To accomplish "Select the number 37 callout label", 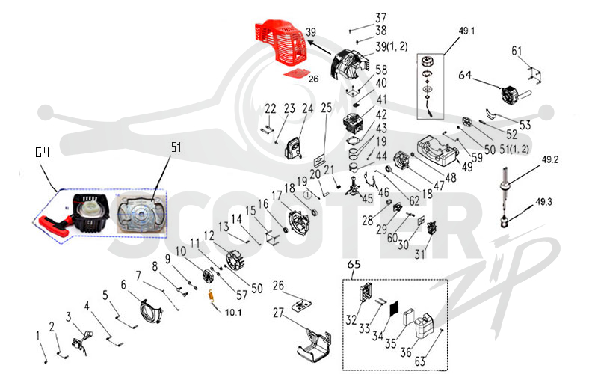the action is point(380,17).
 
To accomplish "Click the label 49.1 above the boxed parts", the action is point(466,31).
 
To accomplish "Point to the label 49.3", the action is point(544,201).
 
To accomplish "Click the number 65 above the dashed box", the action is point(354,264).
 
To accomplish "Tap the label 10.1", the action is point(233,312).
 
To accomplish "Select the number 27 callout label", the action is point(278,313).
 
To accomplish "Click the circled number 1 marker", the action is point(307,195).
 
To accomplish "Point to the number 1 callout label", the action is point(38,335).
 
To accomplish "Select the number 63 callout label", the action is point(420,361).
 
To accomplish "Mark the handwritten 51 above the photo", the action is point(176,147).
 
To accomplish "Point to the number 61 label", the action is point(517,51).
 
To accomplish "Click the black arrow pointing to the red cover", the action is point(320,49).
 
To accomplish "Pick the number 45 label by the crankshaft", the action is point(367,198).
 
